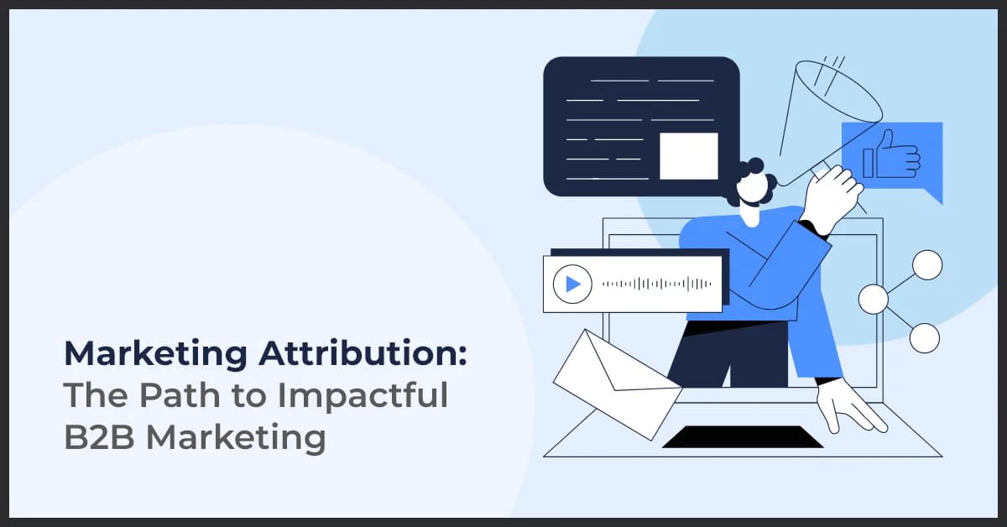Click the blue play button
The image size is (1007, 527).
[573, 284]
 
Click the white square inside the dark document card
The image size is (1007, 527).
[688, 156]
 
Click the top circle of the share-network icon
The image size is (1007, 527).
[927, 264]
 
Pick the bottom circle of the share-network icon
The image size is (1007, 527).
[925, 337]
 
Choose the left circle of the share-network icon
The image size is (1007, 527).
[874, 299]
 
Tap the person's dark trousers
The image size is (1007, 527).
[713, 352]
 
